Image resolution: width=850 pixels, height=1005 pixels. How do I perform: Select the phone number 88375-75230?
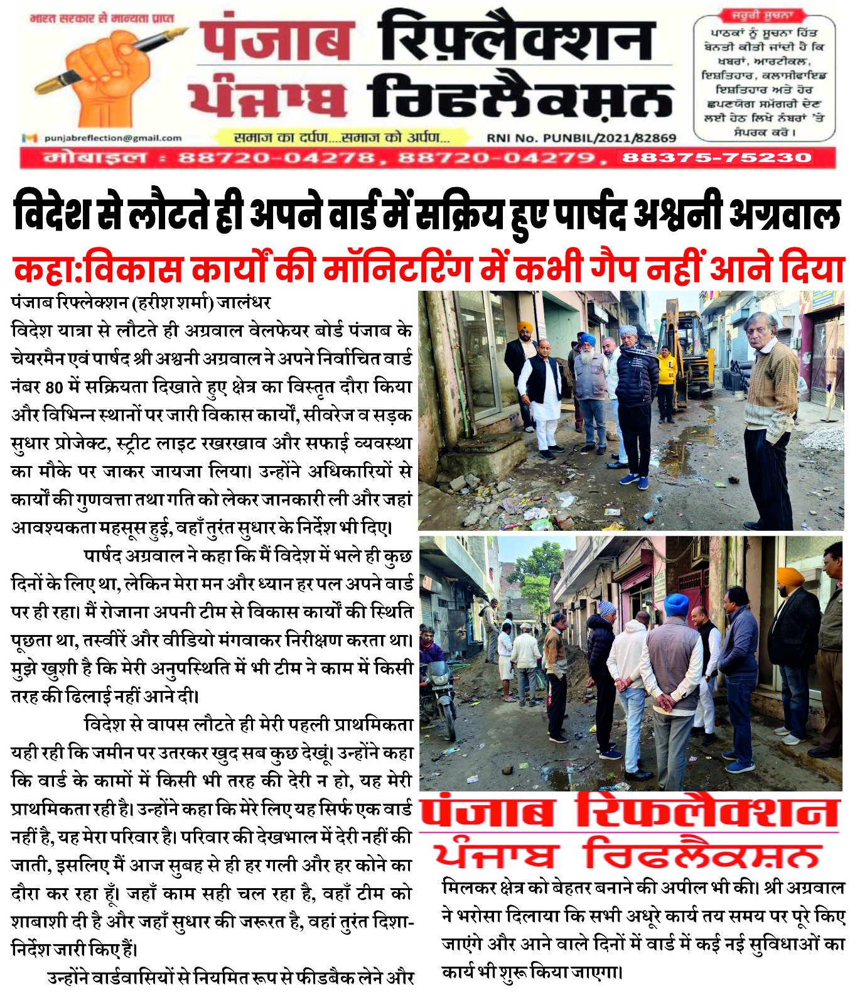716,158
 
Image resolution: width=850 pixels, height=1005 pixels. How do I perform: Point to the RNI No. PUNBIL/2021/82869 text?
581,138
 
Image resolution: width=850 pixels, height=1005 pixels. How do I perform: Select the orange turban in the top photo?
524,328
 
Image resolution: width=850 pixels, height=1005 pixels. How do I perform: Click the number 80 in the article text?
55,387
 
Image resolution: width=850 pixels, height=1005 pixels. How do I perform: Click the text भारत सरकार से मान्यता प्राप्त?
104,18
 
